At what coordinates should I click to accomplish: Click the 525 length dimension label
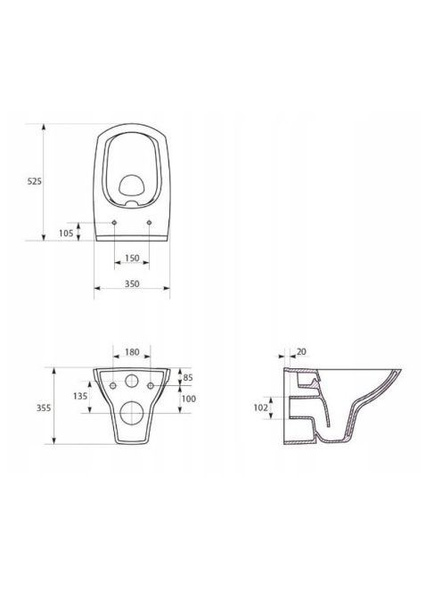tap(35, 181)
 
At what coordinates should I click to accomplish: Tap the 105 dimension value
tap(66, 234)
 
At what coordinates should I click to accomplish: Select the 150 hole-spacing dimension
tap(132, 259)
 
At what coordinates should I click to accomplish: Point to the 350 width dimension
tap(132, 284)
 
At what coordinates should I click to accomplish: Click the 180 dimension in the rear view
tap(132, 352)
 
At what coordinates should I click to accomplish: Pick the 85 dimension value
tap(188, 377)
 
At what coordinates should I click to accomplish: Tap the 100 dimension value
tap(189, 399)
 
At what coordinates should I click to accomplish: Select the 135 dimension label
tap(80, 396)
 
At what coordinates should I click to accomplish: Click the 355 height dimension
tap(44, 408)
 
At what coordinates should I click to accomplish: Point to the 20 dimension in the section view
tap(301, 352)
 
